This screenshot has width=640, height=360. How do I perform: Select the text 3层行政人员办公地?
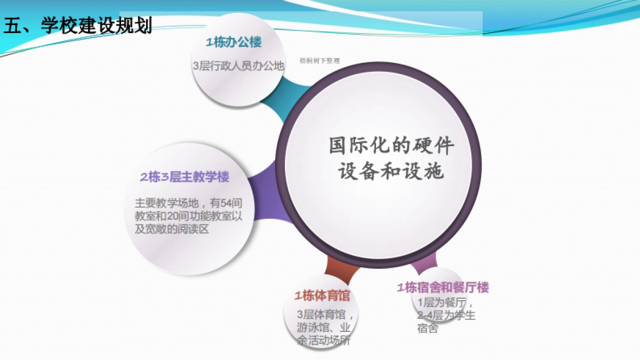[238, 66]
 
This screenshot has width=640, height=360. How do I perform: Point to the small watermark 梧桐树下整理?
[319, 61]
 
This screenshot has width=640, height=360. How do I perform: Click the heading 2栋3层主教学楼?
[185, 178]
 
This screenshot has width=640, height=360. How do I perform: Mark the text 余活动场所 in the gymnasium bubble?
[323, 341]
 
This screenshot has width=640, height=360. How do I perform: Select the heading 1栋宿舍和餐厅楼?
[443, 288]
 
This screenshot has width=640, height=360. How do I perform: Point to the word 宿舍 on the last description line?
[427, 329]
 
